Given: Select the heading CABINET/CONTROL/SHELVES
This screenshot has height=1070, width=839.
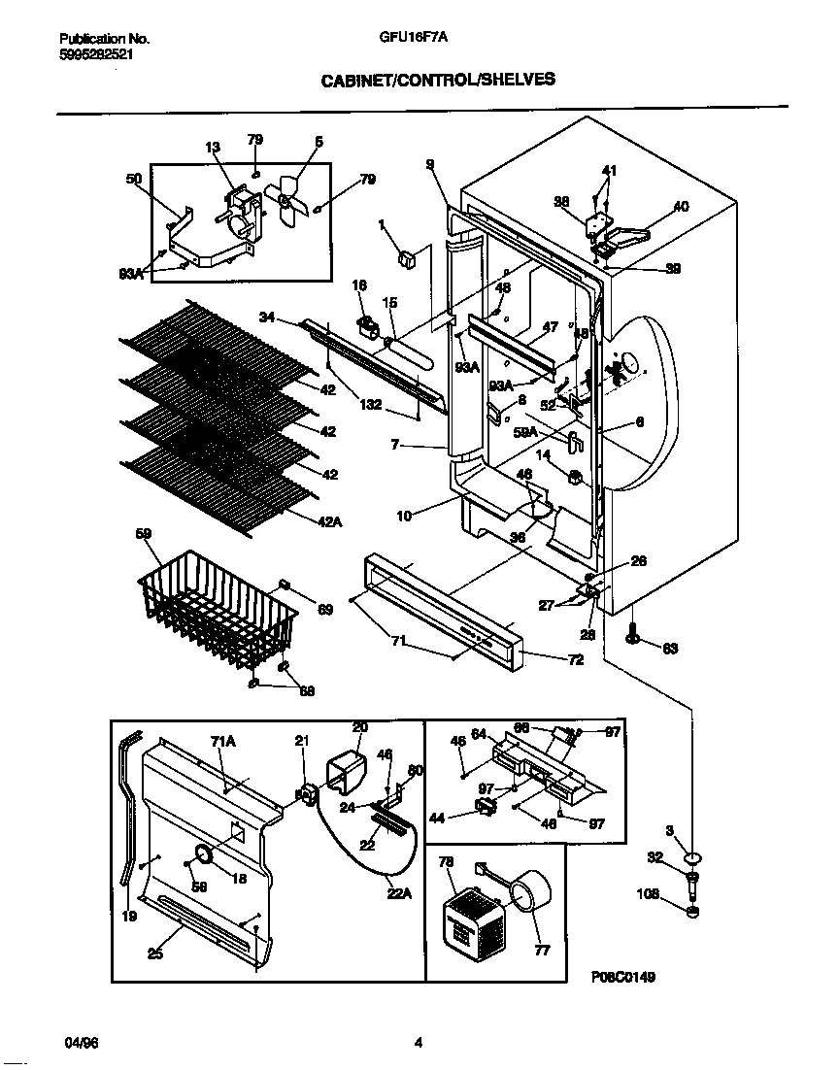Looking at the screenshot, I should pyautogui.click(x=438, y=81).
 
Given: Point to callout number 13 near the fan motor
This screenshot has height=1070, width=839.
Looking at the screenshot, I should pyautogui.click(x=213, y=148).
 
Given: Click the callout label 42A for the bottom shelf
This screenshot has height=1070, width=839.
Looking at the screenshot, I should pyautogui.click(x=330, y=521).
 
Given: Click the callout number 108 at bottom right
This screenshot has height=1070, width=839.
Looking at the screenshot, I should pyautogui.click(x=650, y=894).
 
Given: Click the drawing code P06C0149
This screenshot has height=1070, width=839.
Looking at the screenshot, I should pyautogui.click(x=622, y=977).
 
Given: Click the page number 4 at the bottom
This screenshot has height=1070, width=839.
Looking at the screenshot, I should pyautogui.click(x=419, y=1044).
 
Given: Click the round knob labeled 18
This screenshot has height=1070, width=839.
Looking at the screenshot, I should pyautogui.click(x=204, y=854).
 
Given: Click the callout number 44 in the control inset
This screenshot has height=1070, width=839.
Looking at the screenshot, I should pyautogui.click(x=436, y=819).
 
